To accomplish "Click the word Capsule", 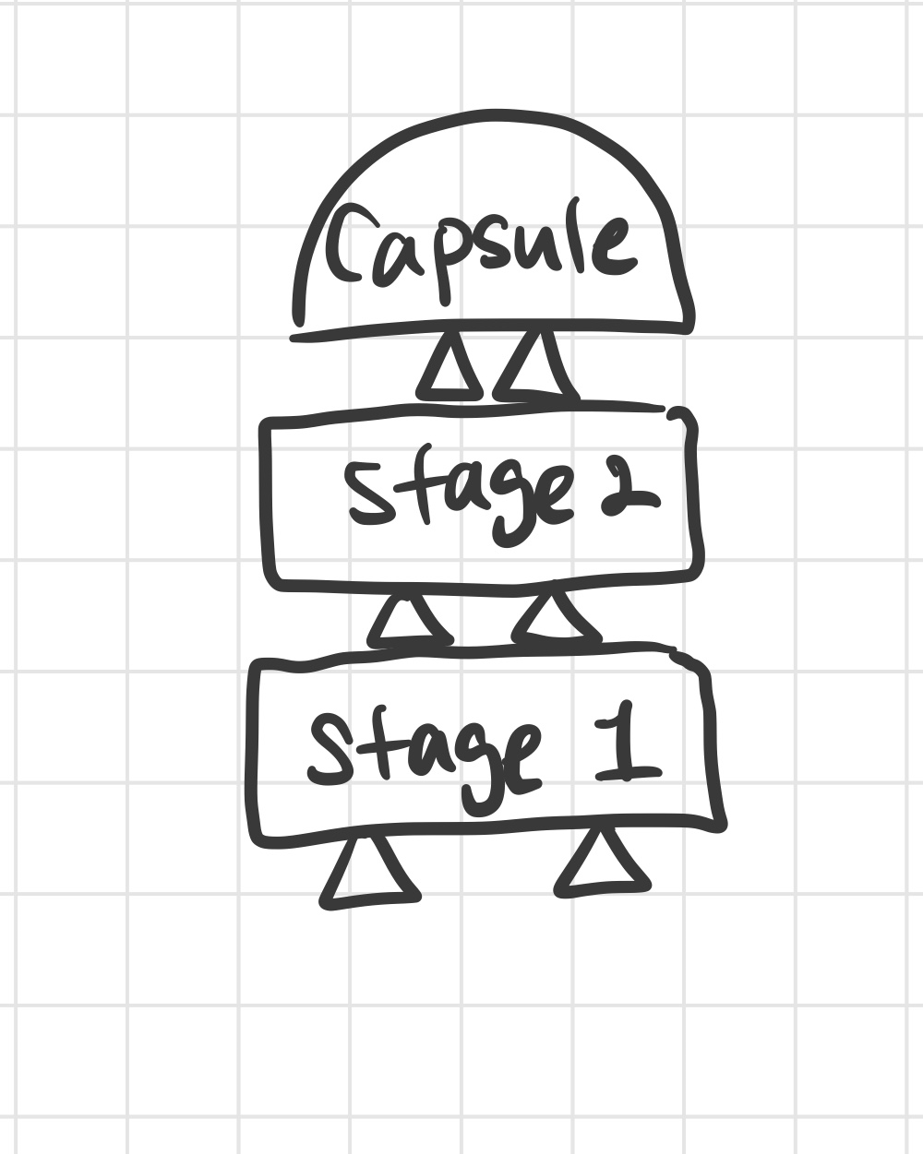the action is (x=480, y=252).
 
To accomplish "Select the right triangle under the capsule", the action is (x=536, y=368).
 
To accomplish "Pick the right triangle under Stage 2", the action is (x=556, y=617).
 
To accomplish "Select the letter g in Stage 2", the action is (x=509, y=506).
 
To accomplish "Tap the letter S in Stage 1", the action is (x=329, y=751).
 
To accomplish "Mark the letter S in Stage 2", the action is (x=370, y=494).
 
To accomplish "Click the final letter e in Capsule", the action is (x=617, y=246).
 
